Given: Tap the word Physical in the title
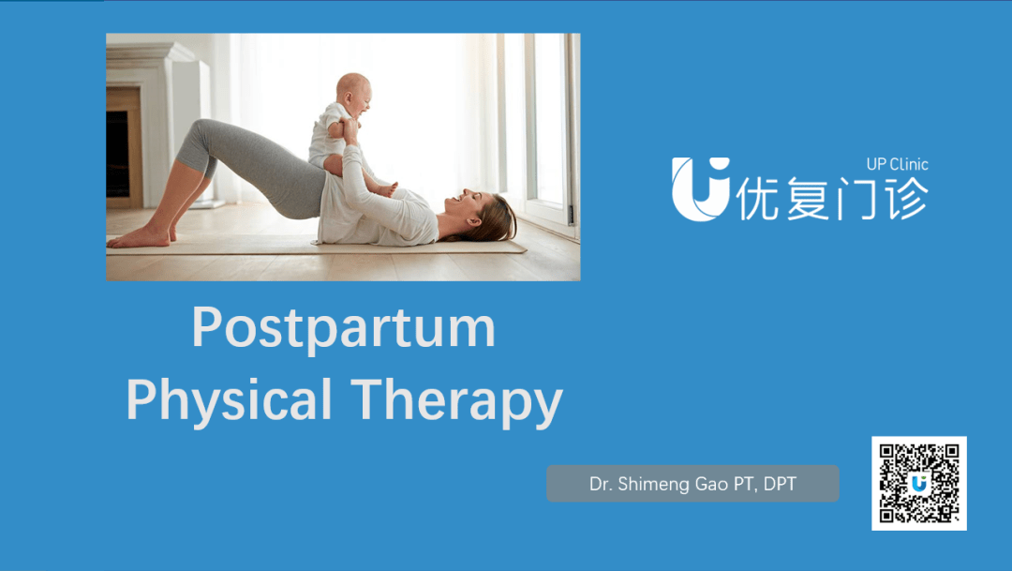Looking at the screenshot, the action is coord(230,401).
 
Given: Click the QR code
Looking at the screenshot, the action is coord(919,483).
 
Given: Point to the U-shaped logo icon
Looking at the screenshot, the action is coord(700,188).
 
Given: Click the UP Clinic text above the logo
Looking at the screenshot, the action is coord(897,164).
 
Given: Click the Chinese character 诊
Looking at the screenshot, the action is coord(905,198).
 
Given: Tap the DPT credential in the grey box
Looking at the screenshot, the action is coord(780,484).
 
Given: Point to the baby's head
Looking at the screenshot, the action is coord(353,95).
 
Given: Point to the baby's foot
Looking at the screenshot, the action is coord(386,189).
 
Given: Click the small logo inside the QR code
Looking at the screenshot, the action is coord(919,483).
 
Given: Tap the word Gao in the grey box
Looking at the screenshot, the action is coord(710,484).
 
